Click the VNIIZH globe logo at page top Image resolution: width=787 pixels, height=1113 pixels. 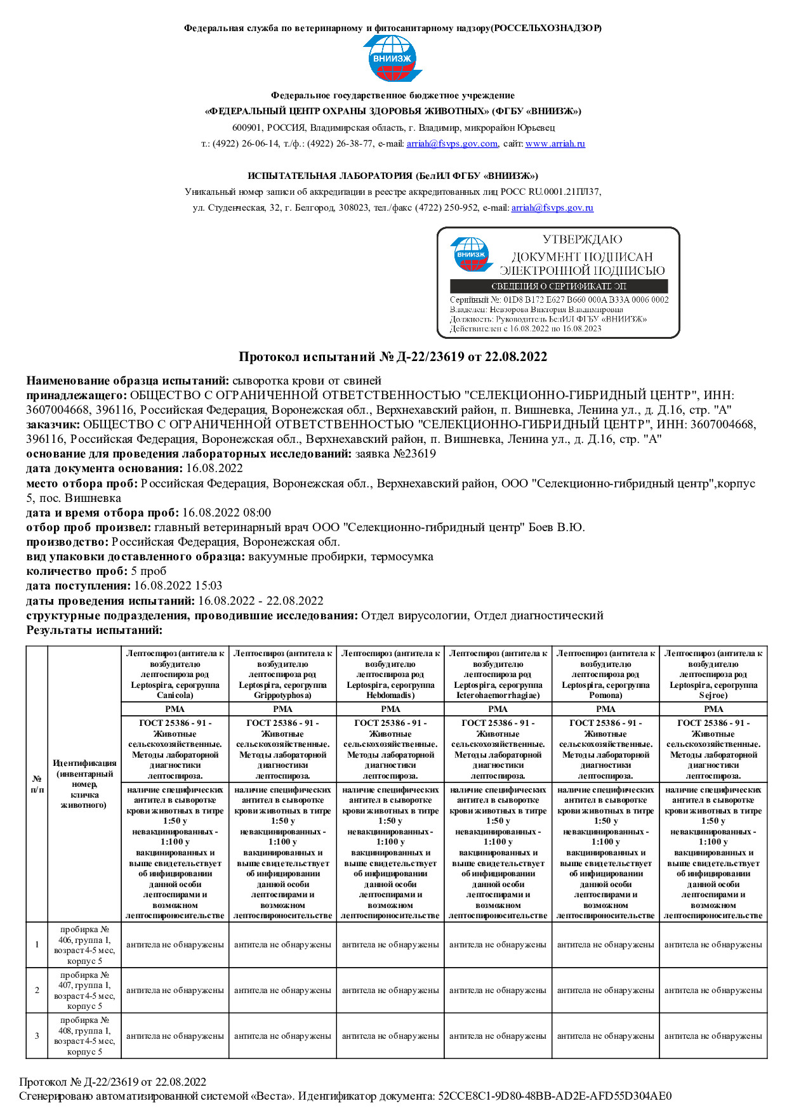(392, 58)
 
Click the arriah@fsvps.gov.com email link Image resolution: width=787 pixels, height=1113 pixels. (452, 144)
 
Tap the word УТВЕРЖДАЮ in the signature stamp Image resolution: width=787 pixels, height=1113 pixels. (582, 240)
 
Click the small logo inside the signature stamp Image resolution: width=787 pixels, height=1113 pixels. (471, 254)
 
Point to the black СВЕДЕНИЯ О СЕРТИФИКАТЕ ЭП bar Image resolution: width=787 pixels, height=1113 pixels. (559, 286)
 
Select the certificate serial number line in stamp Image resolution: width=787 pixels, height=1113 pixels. (559, 300)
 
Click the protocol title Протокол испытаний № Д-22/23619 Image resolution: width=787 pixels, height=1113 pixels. (393, 357)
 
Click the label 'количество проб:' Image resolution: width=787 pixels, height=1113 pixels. (77, 571)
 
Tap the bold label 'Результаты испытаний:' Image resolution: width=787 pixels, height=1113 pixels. (95, 630)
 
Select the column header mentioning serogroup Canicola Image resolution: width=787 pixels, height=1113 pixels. (175, 674)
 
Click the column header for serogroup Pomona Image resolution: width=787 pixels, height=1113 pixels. (605, 674)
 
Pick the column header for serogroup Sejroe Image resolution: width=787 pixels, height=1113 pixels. (713, 674)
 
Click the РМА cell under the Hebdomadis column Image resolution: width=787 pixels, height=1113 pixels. (390, 709)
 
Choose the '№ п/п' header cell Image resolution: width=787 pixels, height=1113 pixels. (37, 784)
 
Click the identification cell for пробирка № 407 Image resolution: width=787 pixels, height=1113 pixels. (84, 991)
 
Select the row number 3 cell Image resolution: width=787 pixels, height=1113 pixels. (37, 1036)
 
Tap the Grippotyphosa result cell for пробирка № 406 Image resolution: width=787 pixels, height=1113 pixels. (282, 945)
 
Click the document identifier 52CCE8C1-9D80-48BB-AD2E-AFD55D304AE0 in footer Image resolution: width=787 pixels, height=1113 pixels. (555, 1096)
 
